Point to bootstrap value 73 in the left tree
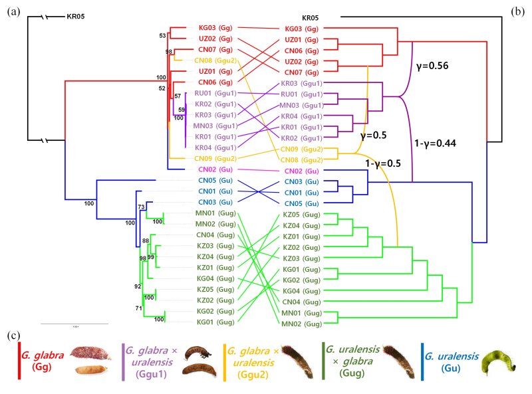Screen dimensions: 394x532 click(141, 207)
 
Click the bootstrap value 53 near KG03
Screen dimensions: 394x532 click(162, 35)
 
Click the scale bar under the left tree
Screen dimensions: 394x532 click(74, 324)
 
